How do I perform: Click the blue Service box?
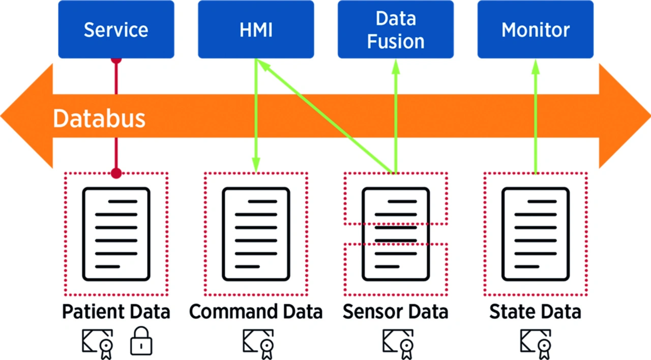[x=116, y=29]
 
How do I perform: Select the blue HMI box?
[x=256, y=29]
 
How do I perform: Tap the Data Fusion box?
[x=396, y=29]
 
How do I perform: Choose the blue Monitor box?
[x=535, y=29]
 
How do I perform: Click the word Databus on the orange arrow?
[x=99, y=118]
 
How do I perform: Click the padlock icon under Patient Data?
[x=141, y=341]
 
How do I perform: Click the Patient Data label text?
[x=116, y=312]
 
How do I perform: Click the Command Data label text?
[x=256, y=312]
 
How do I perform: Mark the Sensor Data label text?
[x=395, y=312]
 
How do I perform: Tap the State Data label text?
[x=535, y=312]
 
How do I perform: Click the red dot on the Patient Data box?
[x=116, y=173]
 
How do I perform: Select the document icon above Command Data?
[x=256, y=234]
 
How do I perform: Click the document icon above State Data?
[x=535, y=234]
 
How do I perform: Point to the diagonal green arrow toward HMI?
[x=325, y=116]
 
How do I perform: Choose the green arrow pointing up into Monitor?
[x=535, y=117]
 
